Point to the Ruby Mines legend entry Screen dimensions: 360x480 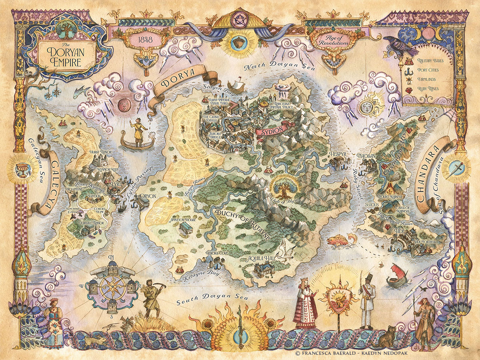click(428, 89)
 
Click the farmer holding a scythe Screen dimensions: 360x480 click(152, 298)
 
